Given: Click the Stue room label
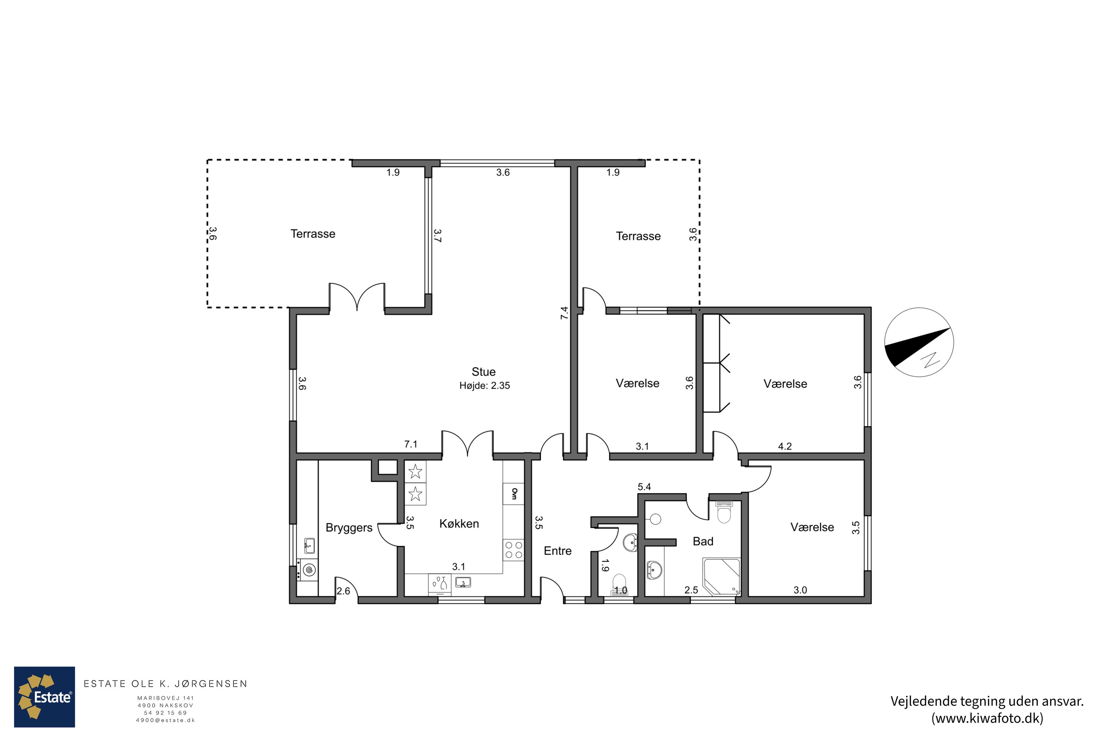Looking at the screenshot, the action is pyautogui.click(x=483, y=372).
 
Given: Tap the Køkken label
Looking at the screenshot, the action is pyautogui.click(x=459, y=524).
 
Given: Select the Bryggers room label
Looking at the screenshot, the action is pyautogui.click(x=349, y=528).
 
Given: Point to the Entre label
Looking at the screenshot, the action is pyautogui.click(x=557, y=551).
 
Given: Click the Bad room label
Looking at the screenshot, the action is pyautogui.click(x=703, y=541).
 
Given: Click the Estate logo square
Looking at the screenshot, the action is pyautogui.click(x=44, y=697).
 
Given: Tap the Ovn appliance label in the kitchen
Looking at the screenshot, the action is pyautogui.click(x=514, y=494).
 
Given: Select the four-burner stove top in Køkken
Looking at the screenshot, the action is pyautogui.click(x=513, y=550).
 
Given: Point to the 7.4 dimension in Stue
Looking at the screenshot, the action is pyautogui.click(x=564, y=313).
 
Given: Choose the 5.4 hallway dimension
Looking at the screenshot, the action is pyautogui.click(x=644, y=487).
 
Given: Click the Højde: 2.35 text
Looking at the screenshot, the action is pyautogui.click(x=485, y=386).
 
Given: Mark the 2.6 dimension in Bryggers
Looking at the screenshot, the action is pyautogui.click(x=343, y=591).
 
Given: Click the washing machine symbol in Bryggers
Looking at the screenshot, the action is pyautogui.click(x=309, y=570).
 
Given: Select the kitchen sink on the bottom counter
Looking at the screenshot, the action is pyautogui.click(x=463, y=582).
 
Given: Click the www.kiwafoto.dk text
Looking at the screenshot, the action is pyautogui.click(x=987, y=718).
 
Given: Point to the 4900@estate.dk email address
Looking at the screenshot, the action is pyautogui.click(x=165, y=720).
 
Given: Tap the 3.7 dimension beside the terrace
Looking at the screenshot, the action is pyautogui.click(x=437, y=236).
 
